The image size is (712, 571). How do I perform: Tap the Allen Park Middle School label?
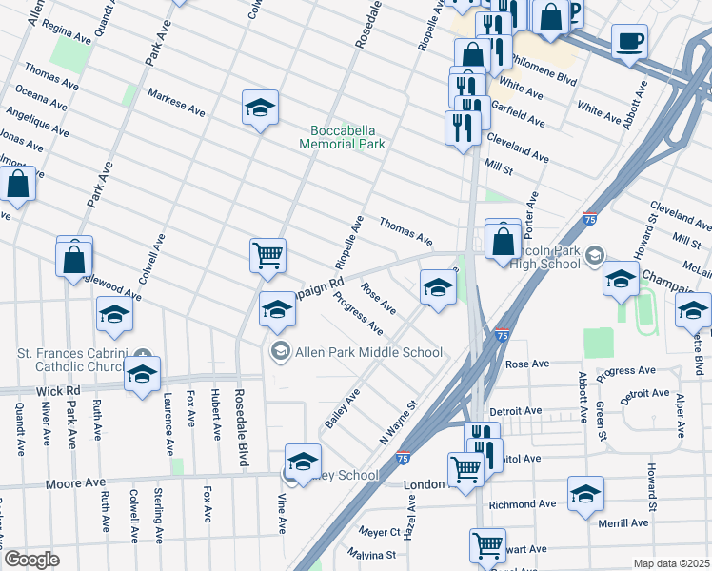tap(369, 352)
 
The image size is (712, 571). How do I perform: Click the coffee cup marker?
tap(629, 43)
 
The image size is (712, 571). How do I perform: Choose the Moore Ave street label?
tap(75, 484)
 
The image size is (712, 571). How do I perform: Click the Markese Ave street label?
tap(176, 103)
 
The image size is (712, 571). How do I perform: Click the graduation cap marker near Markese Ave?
tap(260, 108)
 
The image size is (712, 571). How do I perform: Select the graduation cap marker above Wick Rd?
tap(142, 375)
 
